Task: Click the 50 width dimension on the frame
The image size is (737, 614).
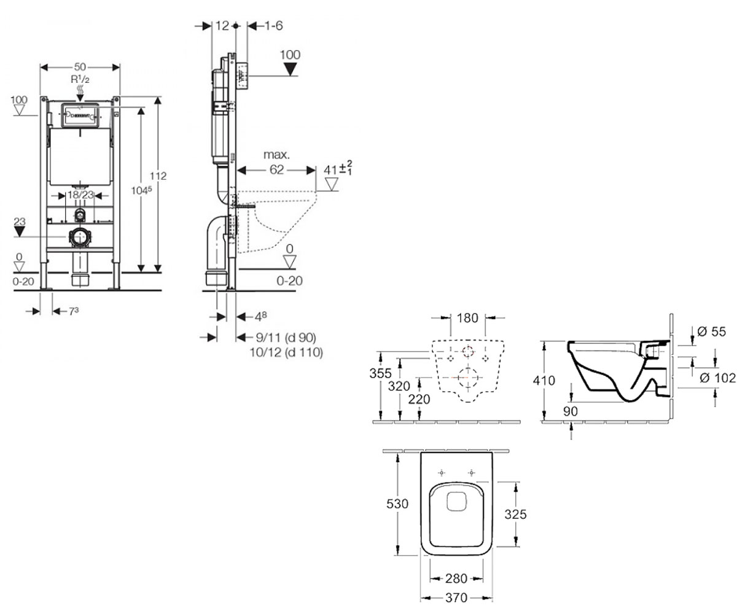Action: (80, 67)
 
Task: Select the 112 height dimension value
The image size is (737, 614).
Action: (158, 176)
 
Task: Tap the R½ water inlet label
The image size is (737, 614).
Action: (80, 79)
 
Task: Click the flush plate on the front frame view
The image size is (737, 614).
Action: (80, 115)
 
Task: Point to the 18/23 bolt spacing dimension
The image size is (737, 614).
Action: (80, 195)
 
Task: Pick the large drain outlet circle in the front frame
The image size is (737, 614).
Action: (80, 238)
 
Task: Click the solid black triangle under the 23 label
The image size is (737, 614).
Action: (20, 231)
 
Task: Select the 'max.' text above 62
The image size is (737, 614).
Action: (277, 155)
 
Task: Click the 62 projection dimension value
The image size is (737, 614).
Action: (277, 169)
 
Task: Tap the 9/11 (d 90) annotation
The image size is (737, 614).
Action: (286, 338)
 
